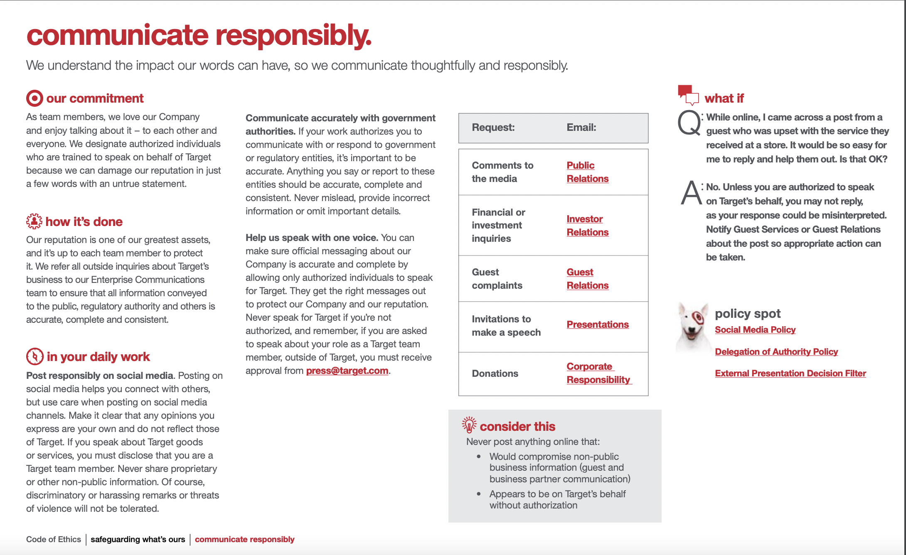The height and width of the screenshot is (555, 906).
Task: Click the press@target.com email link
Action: pos(347,371)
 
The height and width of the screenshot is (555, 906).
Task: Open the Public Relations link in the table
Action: pos(587,172)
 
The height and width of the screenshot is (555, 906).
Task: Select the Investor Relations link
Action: pos(587,226)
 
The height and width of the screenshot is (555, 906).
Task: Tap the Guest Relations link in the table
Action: pos(587,279)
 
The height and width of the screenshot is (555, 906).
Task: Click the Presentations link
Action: pos(597,324)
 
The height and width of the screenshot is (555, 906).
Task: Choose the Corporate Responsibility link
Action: pos(598,373)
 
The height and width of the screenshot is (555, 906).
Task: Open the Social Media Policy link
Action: pos(755,330)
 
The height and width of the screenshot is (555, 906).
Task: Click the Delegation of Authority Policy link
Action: pos(776,352)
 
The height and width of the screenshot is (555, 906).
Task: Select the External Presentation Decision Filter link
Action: pos(790,373)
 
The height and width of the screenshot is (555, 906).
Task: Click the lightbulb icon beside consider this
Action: pos(469,425)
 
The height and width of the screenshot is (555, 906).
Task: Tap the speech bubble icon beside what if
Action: pos(688,95)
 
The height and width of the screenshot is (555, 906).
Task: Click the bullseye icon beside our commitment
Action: pos(34,98)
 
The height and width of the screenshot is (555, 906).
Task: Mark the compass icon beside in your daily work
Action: pos(35,356)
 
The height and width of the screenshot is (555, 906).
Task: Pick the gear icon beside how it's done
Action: pos(34,221)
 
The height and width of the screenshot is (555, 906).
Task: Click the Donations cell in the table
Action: pos(495,373)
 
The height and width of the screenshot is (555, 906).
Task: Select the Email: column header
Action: pos(581,128)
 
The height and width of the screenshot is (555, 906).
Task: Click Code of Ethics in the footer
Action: pos(54,539)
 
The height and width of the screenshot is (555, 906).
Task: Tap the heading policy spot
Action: pos(747,313)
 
